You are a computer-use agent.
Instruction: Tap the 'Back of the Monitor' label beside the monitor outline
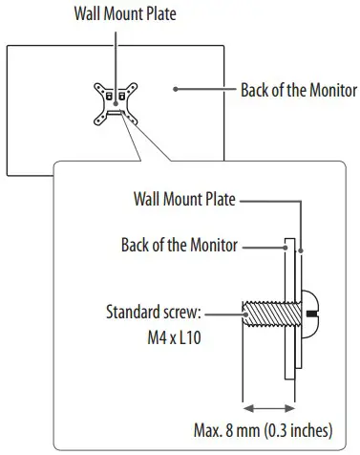click(297, 91)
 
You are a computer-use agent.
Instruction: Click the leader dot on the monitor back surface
click(176, 91)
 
